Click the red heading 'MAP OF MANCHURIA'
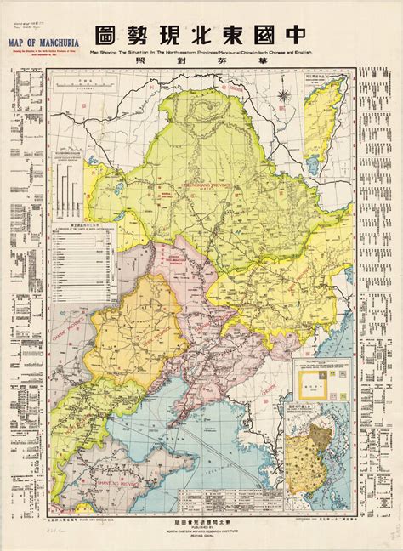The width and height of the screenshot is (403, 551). coord(40,37)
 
